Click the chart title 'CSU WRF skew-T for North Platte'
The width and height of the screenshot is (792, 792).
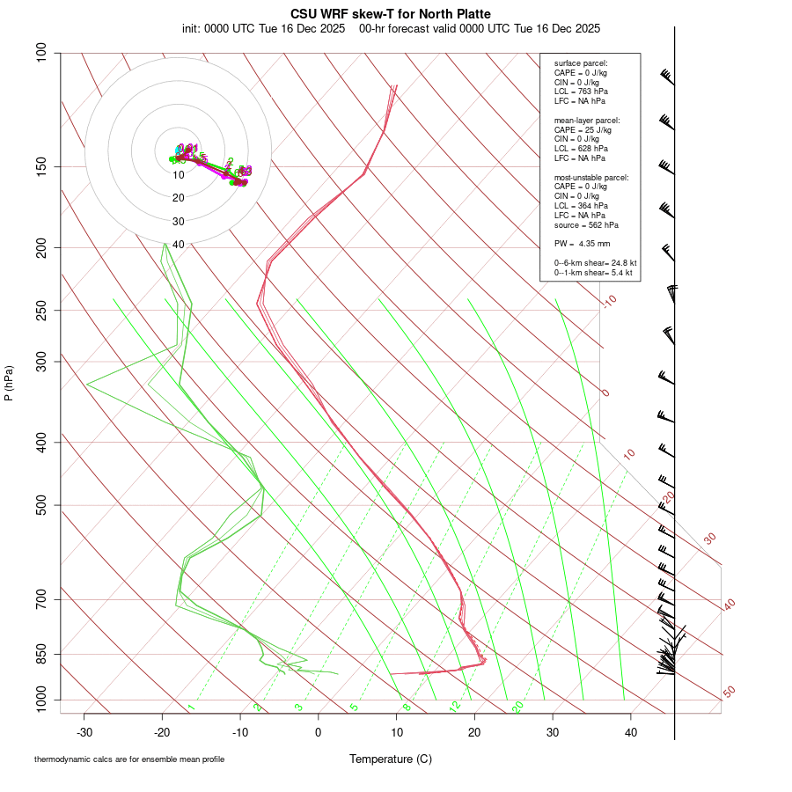391,14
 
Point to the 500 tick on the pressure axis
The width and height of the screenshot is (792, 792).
40,505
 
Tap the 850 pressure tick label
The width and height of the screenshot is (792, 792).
40,654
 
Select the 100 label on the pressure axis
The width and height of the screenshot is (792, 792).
40,53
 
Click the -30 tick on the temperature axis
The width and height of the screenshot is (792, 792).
84,731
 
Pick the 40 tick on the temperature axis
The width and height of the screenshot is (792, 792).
631,731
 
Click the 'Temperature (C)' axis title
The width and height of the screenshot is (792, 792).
391,759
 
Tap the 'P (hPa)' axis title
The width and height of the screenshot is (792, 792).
9,383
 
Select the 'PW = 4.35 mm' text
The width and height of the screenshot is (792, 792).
582,243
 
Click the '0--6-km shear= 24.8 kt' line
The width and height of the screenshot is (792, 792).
595,263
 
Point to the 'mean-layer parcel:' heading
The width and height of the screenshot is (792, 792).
587,120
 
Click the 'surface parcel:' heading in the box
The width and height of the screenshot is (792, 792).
581,63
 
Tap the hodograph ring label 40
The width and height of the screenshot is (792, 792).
179,245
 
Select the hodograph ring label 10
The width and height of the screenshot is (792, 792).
179,175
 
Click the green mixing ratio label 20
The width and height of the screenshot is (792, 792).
518,707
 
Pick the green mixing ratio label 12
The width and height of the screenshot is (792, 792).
455,707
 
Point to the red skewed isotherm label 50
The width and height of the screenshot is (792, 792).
729,693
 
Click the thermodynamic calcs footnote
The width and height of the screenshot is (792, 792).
129,759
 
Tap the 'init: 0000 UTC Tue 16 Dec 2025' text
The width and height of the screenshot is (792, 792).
264,28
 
